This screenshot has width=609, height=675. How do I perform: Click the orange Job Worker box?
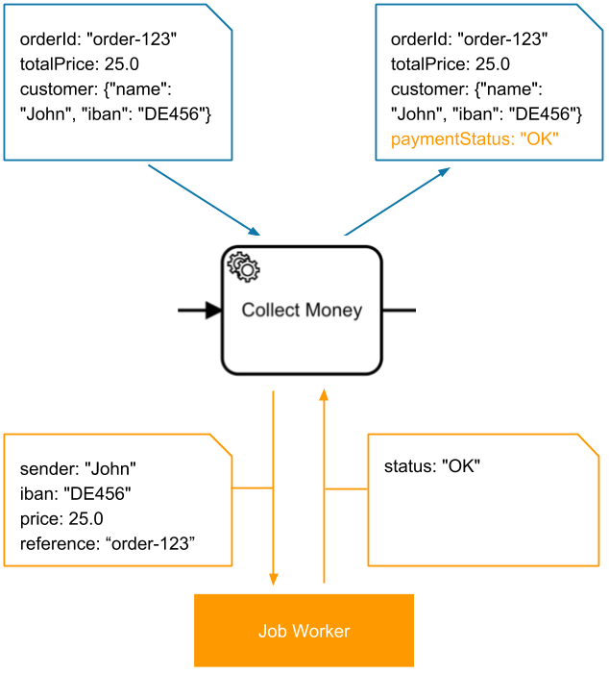coord(304,631)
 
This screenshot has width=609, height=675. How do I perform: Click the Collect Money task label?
coord(302,310)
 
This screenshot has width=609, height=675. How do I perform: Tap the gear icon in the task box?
coord(241,264)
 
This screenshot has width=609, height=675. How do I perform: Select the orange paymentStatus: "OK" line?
coord(475,139)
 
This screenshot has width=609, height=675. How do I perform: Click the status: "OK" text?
coord(431,466)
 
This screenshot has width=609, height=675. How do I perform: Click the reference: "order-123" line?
coord(108,544)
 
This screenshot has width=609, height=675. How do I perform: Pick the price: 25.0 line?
coord(61,519)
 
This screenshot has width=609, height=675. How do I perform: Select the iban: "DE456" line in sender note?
coord(75,494)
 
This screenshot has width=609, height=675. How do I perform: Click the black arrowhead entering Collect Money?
coord(214,311)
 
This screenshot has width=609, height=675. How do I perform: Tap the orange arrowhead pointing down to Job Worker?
coord(274,579)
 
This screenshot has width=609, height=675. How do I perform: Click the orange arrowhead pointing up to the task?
coord(324,395)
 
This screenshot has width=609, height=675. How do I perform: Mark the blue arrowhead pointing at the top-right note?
coord(444,172)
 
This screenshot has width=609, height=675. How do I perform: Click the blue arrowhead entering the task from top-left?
coord(255,232)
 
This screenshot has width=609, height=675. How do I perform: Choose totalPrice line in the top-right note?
coord(451,64)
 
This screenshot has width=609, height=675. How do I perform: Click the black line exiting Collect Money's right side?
coord(399,311)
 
